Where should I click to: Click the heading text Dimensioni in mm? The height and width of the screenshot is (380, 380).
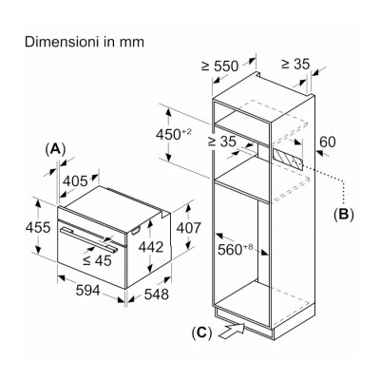[x=85, y=42]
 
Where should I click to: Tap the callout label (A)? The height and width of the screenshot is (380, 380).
[x=56, y=149]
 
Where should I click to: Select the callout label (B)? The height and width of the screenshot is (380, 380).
[x=344, y=215]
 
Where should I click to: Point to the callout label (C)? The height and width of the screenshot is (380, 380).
[x=201, y=332]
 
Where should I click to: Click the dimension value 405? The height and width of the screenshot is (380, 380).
[x=75, y=181]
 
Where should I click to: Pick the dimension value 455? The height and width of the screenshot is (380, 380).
[x=38, y=227]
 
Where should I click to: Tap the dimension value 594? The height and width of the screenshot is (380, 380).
[x=88, y=291]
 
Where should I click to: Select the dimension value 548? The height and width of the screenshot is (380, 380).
[x=157, y=294]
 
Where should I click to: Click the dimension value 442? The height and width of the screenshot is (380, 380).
[x=151, y=247]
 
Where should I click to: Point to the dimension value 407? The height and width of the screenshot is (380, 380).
[x=189, y=228]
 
